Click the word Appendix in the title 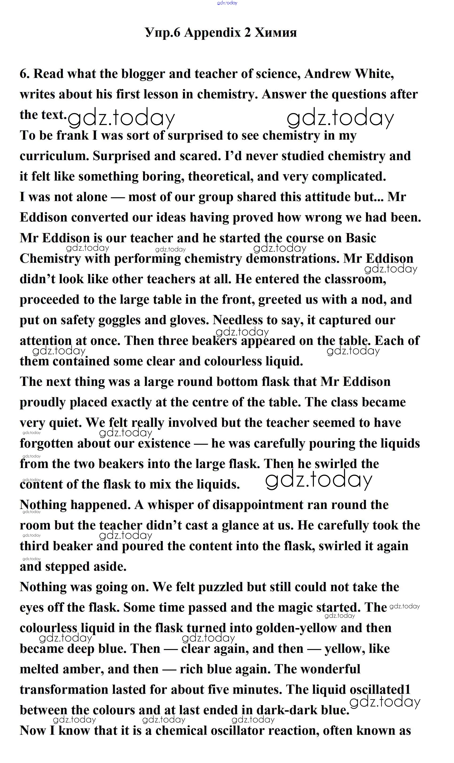tap(212, 32)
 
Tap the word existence tap(164, 444)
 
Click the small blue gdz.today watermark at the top tap(227, 3)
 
